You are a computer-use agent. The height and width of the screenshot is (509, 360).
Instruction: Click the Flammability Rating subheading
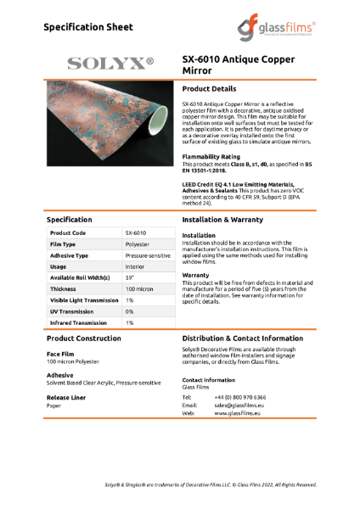(x=211, y=157)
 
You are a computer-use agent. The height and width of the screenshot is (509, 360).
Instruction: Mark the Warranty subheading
(x=197, y=275)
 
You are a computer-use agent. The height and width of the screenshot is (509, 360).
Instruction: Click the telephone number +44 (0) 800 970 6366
(x=240, y=397)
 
